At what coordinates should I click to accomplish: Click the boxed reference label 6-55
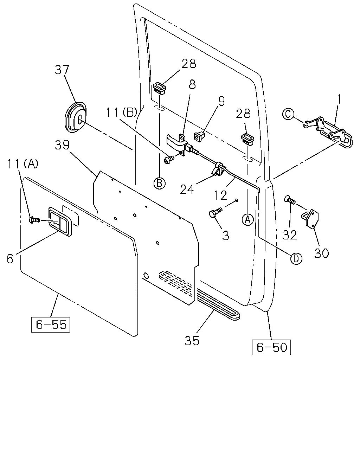coord(50,324)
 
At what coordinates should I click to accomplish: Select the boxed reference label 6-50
coord(271,347)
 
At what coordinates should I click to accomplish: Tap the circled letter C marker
coord(288,114)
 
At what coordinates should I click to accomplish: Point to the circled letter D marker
coord(296,259)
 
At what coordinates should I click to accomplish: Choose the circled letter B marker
coord(160,184)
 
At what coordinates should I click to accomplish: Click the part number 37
coord(62,70)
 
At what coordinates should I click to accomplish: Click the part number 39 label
coord(62,145)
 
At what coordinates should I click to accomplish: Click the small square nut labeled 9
coord(199,136)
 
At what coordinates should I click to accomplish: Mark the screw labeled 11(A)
coord(34,220)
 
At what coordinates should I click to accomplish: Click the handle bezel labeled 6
coord(60,221)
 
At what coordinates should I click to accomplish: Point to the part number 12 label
coord(220,195)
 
